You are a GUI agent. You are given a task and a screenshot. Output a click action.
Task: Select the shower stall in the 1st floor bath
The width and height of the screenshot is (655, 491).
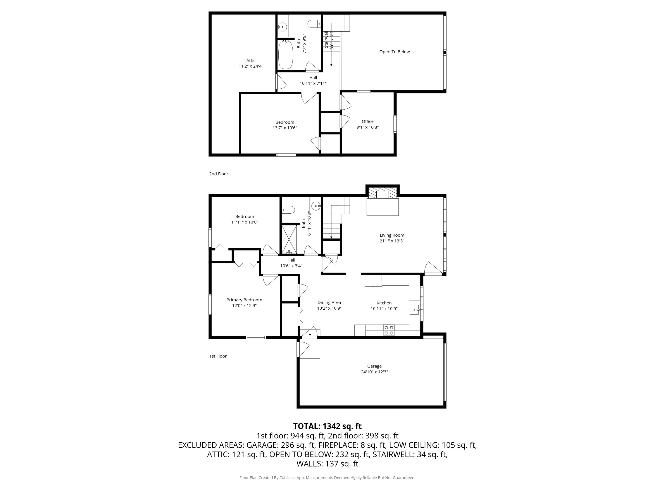[x=289, y=239]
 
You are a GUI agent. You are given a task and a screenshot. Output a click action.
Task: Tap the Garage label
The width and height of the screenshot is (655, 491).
[x=374, y=366]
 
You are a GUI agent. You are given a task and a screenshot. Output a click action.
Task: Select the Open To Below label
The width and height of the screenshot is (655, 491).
[x=395, y=52]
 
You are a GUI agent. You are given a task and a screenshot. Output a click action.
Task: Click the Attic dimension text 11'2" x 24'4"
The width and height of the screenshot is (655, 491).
[x=251, y=66]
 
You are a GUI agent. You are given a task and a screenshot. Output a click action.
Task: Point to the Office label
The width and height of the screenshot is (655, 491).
[x=367, y=121]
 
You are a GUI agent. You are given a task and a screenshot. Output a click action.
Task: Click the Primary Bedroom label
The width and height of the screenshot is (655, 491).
[x=244, y=300]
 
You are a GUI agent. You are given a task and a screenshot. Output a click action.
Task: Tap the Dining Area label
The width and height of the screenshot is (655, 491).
[x=329, y=302]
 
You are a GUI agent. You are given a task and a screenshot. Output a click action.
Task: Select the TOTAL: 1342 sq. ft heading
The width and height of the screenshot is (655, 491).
[x=327, y=426]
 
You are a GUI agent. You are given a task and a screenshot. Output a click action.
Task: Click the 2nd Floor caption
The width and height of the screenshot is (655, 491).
[x=219, y=174]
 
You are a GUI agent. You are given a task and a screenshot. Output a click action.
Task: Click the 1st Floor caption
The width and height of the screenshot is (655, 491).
[x=218, y=356]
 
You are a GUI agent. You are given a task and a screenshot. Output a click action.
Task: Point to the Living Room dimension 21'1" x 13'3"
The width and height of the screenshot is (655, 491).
[x=392, y=241]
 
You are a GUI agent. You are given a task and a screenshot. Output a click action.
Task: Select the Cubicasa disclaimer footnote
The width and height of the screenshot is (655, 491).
[x=327, y=478]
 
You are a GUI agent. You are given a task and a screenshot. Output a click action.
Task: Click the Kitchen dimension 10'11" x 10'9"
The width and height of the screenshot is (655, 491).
[x=384, y=309]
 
